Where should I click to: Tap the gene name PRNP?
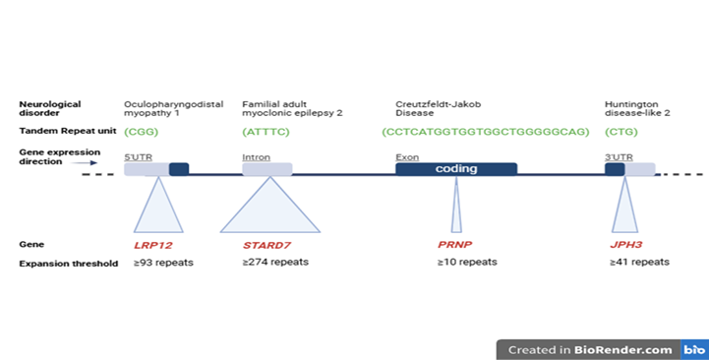456,244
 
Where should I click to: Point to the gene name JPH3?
626,244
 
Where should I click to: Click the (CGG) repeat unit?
142,131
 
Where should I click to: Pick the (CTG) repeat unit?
621,131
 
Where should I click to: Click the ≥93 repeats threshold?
164,263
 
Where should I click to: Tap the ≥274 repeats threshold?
275,263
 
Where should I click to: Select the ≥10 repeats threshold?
467,263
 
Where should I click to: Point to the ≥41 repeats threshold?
639,263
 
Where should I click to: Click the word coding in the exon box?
456,169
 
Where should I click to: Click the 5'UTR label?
138,156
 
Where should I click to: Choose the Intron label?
256,156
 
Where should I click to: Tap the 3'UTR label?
619,156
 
